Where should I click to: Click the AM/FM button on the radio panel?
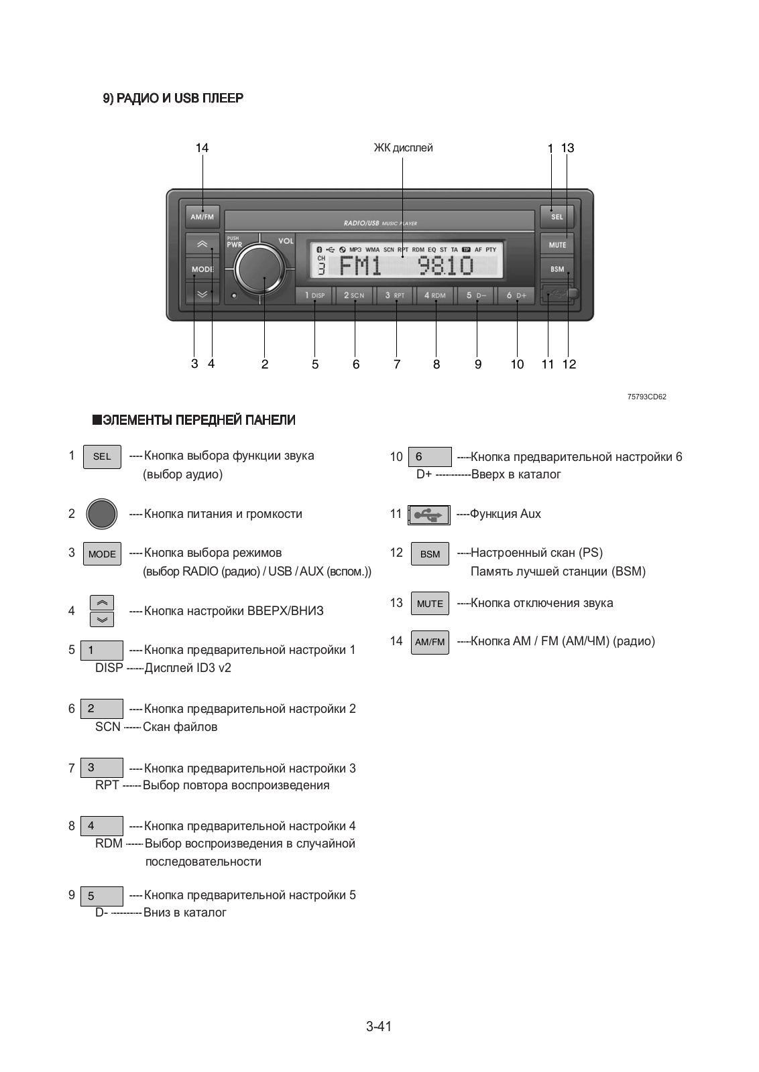point(202,217)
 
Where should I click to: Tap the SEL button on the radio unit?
point(557,217)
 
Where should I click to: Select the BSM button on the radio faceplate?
point(557,269)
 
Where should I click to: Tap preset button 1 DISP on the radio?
point(314,295)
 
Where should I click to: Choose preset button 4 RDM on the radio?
point(434,295)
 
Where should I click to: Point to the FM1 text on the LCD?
point(361,266)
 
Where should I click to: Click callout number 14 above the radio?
point(202,148)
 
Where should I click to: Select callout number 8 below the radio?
point(436,364)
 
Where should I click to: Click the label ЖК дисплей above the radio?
point(403,148)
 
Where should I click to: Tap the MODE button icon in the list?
point(102,554)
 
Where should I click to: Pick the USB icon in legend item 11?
point(429,515)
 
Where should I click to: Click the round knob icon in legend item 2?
point(102,515)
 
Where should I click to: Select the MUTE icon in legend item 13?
point(430,604)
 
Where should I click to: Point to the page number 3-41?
point(379,1026)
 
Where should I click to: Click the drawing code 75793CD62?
point(646,397)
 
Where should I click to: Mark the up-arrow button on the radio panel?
point(202,244)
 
